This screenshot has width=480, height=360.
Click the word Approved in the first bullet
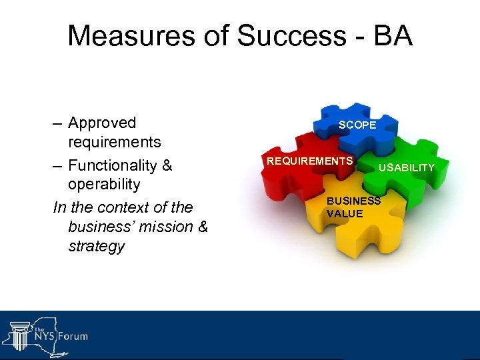[x=102, y=123]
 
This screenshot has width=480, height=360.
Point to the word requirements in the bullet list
[x=114, y=142]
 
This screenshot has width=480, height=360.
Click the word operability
[x=104, y=184]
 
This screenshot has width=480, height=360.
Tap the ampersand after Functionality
[x=165, y=165]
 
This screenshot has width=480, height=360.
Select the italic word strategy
[x=96, y=246]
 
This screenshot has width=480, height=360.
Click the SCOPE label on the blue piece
[x=357, y=125]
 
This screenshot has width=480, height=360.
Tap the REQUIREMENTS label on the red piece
[x=309, y=161]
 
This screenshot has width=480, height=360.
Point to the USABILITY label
[x=406, y=167]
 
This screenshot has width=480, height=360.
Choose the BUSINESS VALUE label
[x=353, y=207]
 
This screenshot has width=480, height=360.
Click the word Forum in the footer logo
[x=71, y=335]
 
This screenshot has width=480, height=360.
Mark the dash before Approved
[x=59, y=124]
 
